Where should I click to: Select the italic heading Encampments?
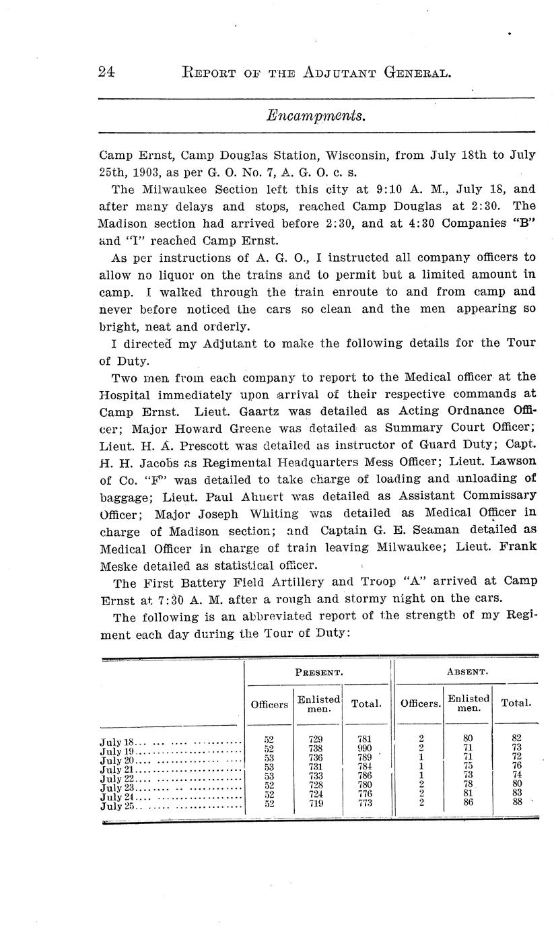tap(316, 116)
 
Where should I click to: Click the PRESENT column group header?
tap(320, 673)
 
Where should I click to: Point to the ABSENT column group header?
tap(466, 673)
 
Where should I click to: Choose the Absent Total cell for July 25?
tap(516, 802)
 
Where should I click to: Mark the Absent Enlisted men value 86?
tap(468, 802)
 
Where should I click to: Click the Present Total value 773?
tap(366, 803)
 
